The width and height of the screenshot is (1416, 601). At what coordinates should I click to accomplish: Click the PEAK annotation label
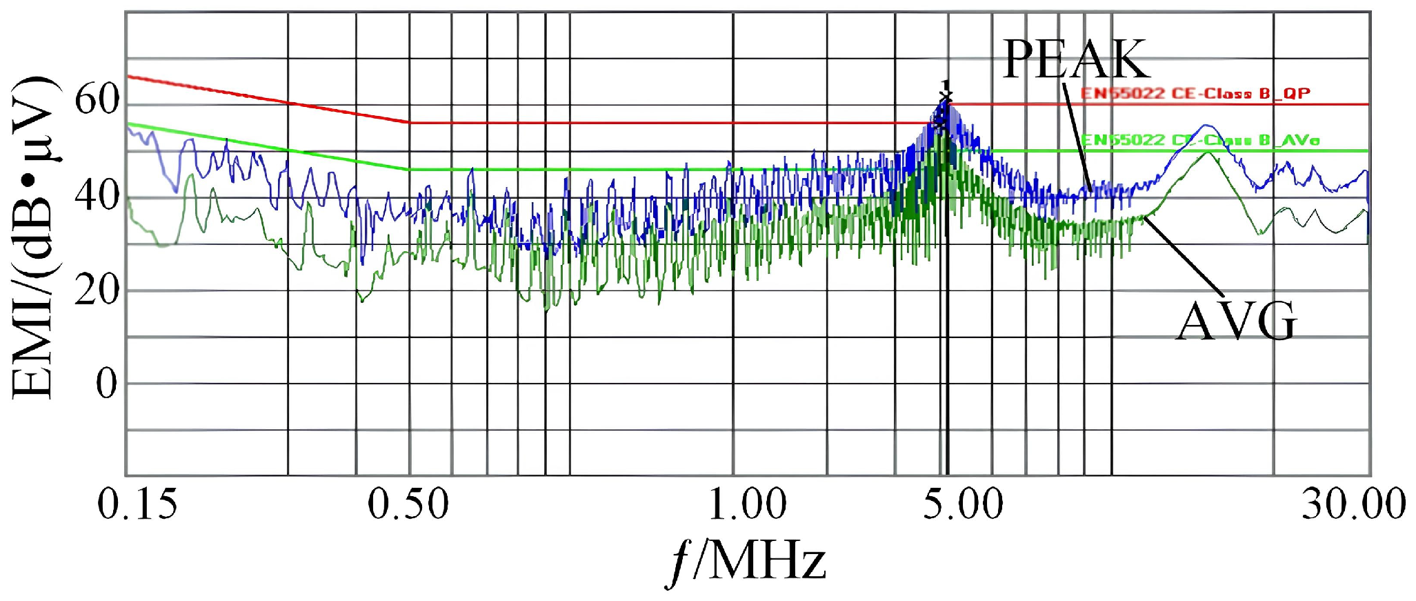[x=1076, y=60]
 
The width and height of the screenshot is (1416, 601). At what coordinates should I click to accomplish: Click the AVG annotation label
[x=1235, y=322]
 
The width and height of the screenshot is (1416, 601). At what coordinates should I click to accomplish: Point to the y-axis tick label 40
[x=97, y=196]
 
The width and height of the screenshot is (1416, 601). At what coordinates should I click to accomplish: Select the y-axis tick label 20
[x=97, y=290]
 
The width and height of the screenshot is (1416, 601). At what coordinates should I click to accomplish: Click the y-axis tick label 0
[x=107, y=384]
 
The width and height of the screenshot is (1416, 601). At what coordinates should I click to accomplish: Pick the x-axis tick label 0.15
[x=137, y=504]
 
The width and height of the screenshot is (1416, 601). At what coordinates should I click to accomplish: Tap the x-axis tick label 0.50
[x=408, y=504]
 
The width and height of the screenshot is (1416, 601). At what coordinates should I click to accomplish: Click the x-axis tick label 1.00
[x=748, y=504]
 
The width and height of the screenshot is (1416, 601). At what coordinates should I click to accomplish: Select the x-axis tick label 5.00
[x=963, y=504]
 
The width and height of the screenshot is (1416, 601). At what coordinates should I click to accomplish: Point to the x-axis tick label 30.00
[x=1353, y=504]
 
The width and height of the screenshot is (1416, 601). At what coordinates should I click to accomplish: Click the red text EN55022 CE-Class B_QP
[x=1195, y=93]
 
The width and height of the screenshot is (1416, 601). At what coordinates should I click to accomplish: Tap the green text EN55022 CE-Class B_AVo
[x=1200, y=140]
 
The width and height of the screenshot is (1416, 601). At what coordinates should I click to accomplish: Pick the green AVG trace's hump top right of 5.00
[x=1207, y=153]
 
